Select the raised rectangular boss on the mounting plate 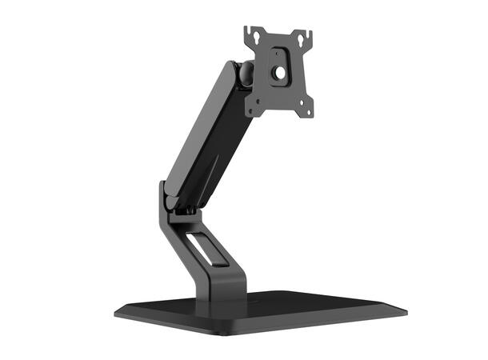(280, 66)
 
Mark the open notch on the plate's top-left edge (249, 30)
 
